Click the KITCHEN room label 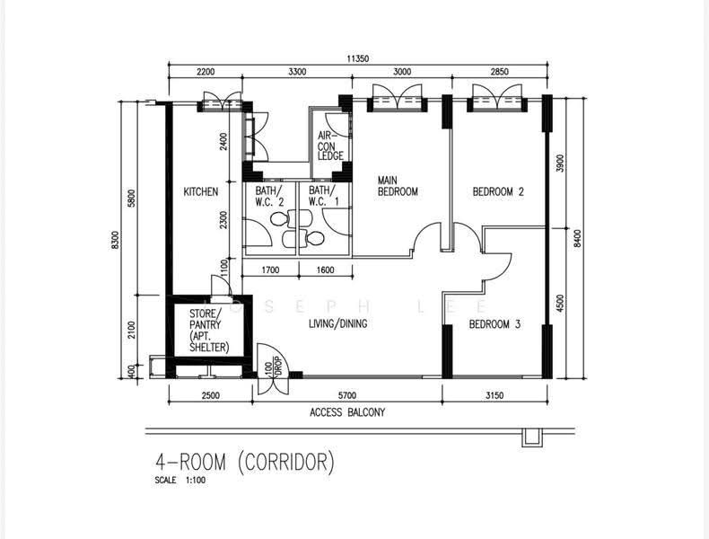pyautogui.click(x=201, y=192)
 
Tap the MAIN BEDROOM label pyautogui.click(x=398, y=186)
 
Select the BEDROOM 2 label pyautogui.click(x=498, y=191)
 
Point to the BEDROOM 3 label pyautogui.click(x=495, y=324)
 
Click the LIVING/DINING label pyautogui.click(x=337, y=323)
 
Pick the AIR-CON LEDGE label pyautogui.click(x=330, y=146)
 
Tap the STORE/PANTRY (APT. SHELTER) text pyautogui.click(x=209, y=331)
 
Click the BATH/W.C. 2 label pyautogui.click(x=269, y=196)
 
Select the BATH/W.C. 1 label pyautogui.click(x=323, y=196)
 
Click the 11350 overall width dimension pyautogui.click(x=358, y=58)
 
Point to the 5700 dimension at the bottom pyautogui.click(x=346, y=395)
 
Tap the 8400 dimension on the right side pyautogui.click(x=576, y=238)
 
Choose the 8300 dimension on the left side pyautogui.click(x=115, y=240)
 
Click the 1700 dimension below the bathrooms pyautogui.click(x=270, y=270)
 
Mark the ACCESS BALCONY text pyautogui.click(x=347, y=412)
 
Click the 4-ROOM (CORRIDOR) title pyautogui.click(x=245, y=462)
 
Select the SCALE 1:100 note pyautogui.click(x=180, y=481)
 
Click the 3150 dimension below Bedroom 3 pyautogui.click(x=495, y=395)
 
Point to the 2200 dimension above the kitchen pyautogui.click(x=206, y=72)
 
